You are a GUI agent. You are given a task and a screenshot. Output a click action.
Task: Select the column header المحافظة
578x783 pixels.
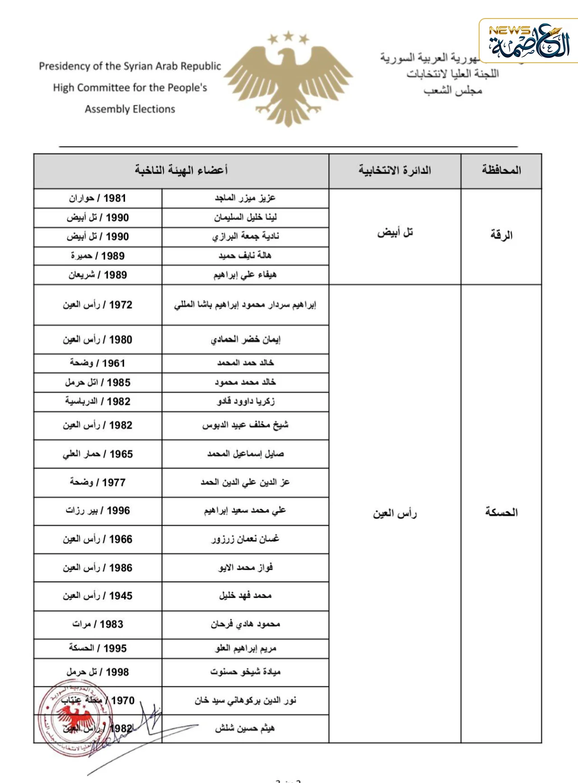tap(501, 171)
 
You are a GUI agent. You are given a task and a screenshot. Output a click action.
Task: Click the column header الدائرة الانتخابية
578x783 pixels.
tap(395, 171)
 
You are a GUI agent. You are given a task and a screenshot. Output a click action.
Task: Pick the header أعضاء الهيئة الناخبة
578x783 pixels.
tap(181, 171)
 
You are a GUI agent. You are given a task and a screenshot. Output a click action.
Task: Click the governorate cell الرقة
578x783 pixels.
tap(501, 236)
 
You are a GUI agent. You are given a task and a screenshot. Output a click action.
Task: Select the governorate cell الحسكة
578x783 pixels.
tap(501, 513)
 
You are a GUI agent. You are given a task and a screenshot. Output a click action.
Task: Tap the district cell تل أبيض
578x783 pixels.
tap(395, 233)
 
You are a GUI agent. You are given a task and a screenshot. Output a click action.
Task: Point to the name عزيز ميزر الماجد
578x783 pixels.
tap(245, 199)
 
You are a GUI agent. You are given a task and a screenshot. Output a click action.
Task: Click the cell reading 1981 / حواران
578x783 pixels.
tap(98, 199)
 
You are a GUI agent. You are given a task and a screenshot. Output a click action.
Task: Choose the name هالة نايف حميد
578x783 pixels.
tap(245, 256)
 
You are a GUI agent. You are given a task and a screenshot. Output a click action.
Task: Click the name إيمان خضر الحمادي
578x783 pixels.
tap(245, 339)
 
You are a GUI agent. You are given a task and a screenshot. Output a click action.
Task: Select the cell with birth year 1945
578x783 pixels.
tap(98, 596)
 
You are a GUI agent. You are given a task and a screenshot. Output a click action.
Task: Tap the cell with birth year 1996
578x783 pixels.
tap(98, 511)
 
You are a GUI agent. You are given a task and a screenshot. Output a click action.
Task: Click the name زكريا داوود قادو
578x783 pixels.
tap(245, 402)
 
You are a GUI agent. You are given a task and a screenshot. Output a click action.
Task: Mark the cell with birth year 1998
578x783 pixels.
tap(98, 672)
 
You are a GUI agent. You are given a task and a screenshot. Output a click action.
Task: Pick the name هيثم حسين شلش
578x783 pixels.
tap(245, 728)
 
